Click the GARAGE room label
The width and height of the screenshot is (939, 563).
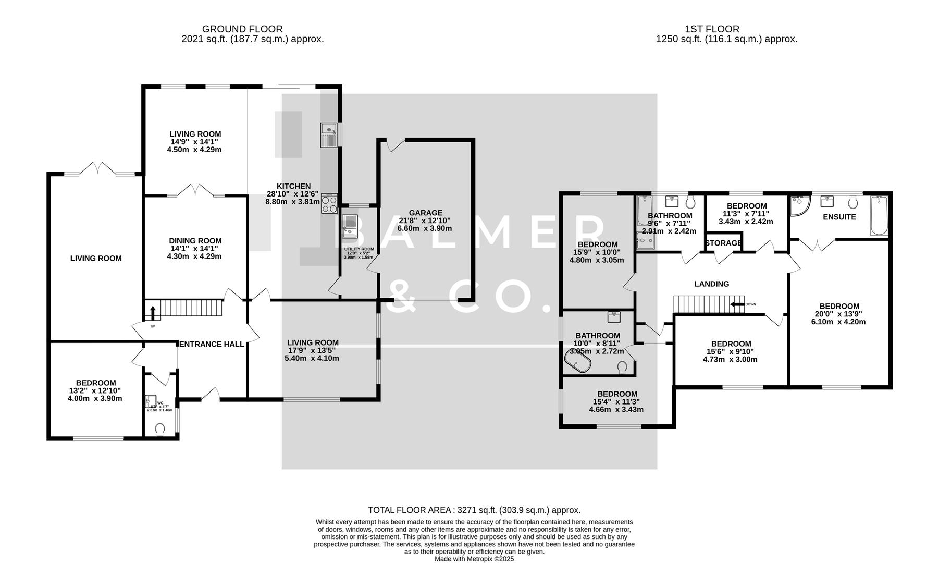(x=425, y=213)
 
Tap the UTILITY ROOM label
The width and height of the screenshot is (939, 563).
(x=359, y=249)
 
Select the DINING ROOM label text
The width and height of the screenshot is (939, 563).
(x=195, y=241)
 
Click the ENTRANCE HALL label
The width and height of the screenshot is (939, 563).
(x=212, y=344)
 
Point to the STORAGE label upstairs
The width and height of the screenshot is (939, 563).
(x=723, y=243)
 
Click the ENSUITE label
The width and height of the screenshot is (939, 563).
(x=839, y=217)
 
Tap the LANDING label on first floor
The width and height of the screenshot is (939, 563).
(x=711, y=284)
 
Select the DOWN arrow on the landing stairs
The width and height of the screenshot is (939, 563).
(x=737, y=304)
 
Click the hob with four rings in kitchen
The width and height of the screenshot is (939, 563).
(x=329, y=203)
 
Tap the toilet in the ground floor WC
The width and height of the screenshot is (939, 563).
(x=160, y=429)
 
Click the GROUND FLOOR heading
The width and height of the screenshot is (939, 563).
(x=242, y=29)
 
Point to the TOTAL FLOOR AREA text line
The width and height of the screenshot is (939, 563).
(x=474, y=510)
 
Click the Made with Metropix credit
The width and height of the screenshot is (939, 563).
(x=474, y=559)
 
